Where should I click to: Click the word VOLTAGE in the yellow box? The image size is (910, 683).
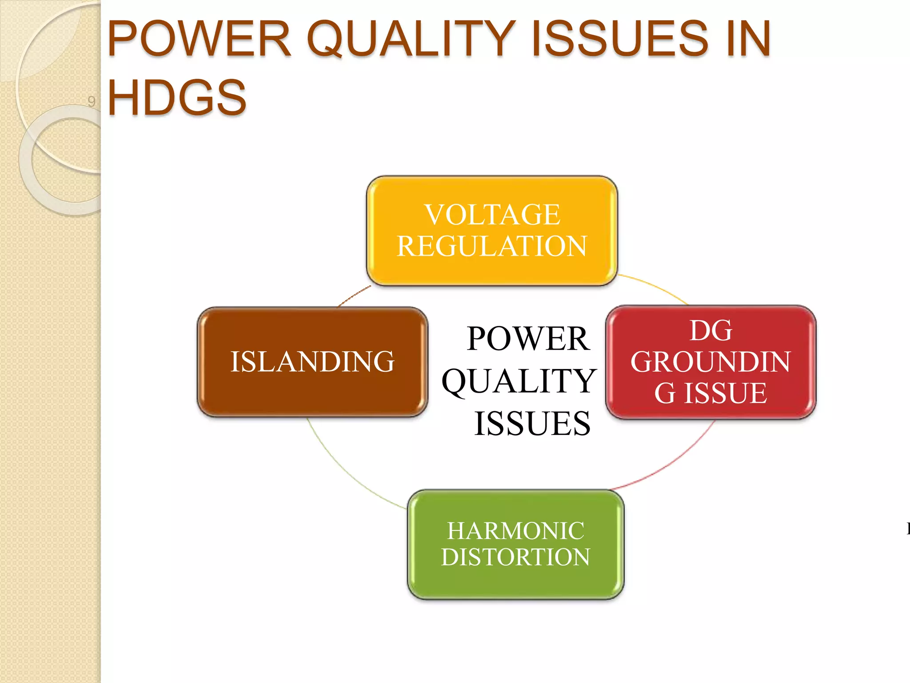[x=492, y=215]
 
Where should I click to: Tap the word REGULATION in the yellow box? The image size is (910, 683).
[x=492, y=246]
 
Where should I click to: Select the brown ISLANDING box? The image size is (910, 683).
[x=312, y=362]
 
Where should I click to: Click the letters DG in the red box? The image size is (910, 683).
[x=710, y=330]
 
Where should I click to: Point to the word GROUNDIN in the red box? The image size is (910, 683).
[x=710, y=362]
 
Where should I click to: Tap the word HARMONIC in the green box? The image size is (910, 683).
[x=515, y=531]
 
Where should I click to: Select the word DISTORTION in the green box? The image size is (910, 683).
[x=515, y=557]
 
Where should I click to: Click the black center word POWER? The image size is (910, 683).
[x=528, y=339]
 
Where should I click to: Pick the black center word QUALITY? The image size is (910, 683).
[x=519, y=381]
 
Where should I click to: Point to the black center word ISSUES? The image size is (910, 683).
[x=532, y=423]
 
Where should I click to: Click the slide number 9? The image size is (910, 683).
[x=92, y=101]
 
